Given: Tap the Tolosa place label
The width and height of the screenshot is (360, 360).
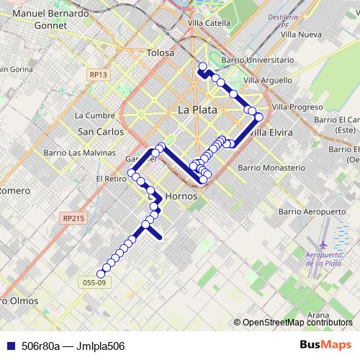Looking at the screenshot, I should [x=160, y=53].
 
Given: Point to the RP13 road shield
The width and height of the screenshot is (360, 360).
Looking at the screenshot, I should [x=99, y=74].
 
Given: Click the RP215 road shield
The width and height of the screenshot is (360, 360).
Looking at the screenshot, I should [x=73, y=217].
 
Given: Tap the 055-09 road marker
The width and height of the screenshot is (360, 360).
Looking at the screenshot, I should [x=95, y=283].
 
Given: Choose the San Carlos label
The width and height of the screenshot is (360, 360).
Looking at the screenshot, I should [x=100, y=132].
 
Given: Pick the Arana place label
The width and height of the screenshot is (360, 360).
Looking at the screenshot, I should [x=318, y=315].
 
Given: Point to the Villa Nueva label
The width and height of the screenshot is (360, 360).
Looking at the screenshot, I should [x=301, y=34].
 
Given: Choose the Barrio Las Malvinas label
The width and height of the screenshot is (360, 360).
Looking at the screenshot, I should [x=79, y=153].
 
